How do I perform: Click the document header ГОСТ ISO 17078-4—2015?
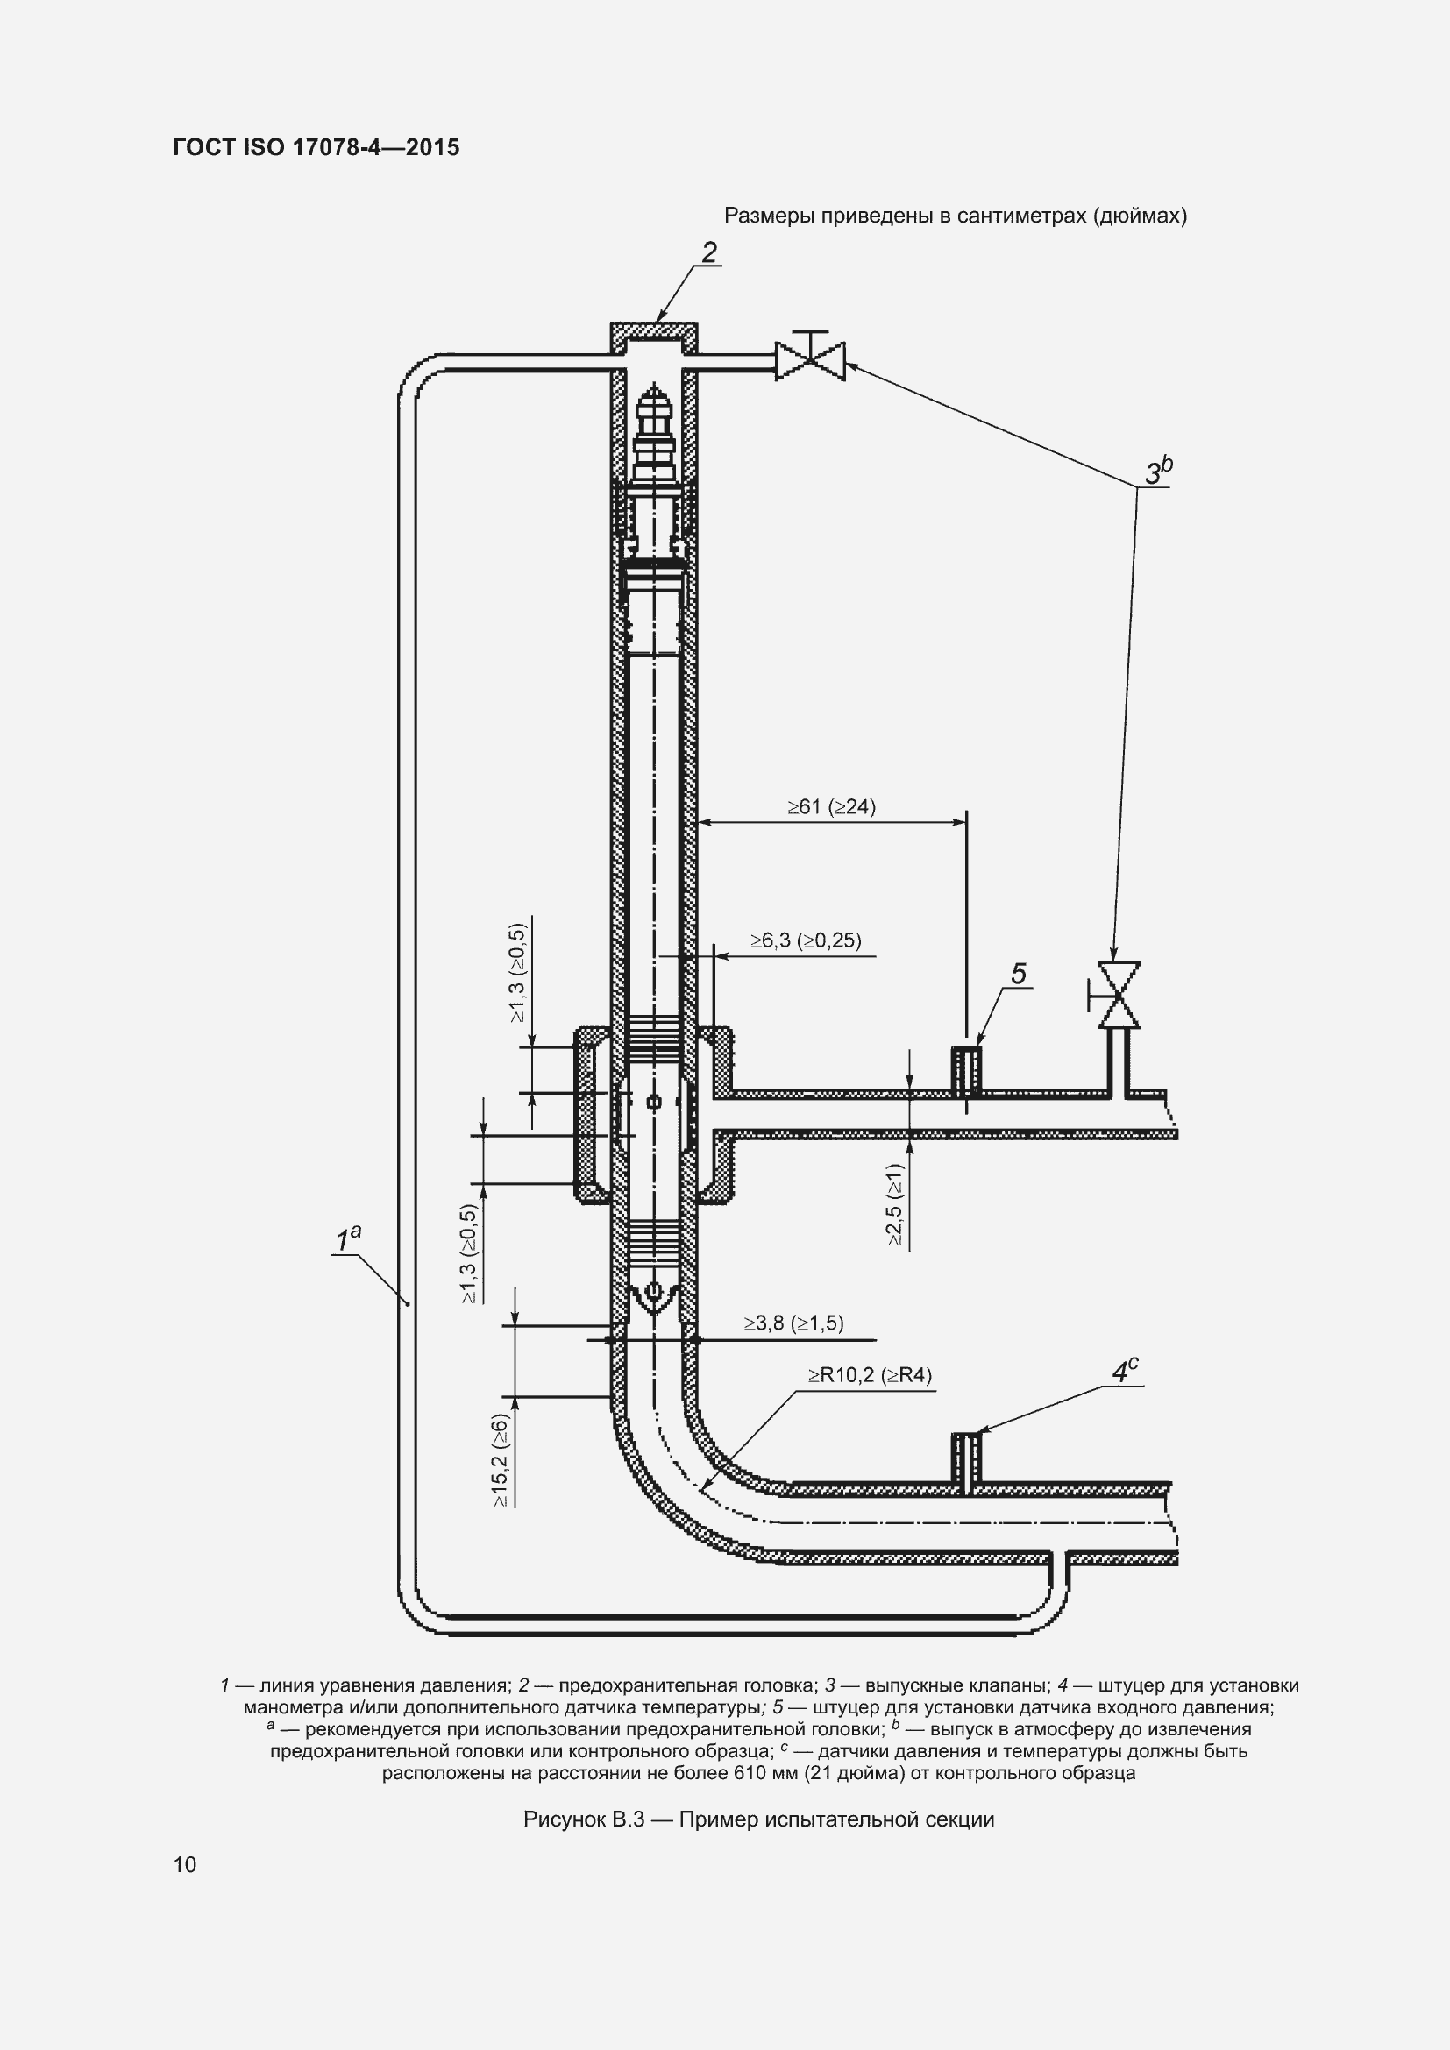point(316,147)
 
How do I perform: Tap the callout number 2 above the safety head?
point(709,252)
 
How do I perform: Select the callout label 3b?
point(1158,472)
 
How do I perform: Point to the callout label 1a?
point(347,1239)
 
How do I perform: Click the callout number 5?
point(1019,974)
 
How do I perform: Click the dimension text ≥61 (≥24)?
point(831,807)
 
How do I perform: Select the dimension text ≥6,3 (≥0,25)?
point(806,940)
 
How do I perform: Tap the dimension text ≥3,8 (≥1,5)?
point(793,1323)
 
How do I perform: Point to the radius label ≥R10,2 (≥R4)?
point(870,1375)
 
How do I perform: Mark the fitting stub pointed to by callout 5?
point(966,1071)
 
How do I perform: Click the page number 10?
point(185,1864)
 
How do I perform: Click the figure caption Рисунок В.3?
point(758,1819)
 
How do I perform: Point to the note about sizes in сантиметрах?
point(955,216)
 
